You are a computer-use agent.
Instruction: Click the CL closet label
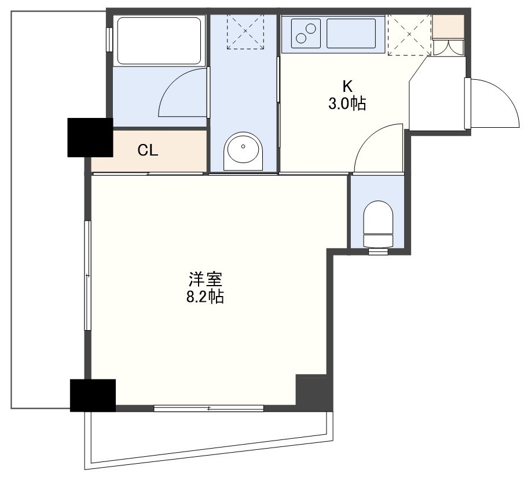148,150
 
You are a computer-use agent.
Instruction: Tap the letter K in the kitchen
347,87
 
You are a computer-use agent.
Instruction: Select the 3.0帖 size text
347,103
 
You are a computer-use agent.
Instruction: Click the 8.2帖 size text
205,297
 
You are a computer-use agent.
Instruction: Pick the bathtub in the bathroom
159,40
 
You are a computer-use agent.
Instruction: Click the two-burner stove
306,34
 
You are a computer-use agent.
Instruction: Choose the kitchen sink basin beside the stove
351,34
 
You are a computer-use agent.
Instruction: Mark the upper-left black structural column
90,137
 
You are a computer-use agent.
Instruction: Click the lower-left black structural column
93,395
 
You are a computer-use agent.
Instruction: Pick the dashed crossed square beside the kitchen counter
409,34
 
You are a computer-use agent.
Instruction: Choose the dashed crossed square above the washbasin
245,31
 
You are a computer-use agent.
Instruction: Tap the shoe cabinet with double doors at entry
448,47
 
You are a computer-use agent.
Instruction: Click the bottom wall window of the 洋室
209,408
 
